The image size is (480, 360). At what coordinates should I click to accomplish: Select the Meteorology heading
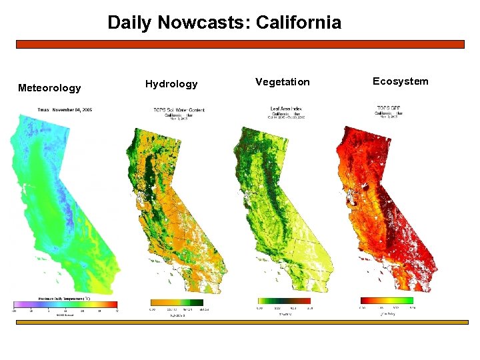tap(49, 88)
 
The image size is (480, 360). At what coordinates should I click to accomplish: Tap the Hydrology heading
tap(171, 84)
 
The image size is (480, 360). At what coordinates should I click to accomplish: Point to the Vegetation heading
tap(282, 82)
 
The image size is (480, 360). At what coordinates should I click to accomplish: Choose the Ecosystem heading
tap(400, 81)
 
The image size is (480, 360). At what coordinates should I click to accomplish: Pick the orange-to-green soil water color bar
tap(177, 302)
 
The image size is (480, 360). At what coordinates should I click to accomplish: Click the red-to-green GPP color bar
tap(387, 301)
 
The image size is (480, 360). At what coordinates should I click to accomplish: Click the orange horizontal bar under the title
tap(240, 44)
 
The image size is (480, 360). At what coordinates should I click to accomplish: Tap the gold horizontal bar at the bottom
tap(240, 322)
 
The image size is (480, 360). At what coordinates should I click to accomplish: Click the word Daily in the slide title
tap(129, 23)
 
